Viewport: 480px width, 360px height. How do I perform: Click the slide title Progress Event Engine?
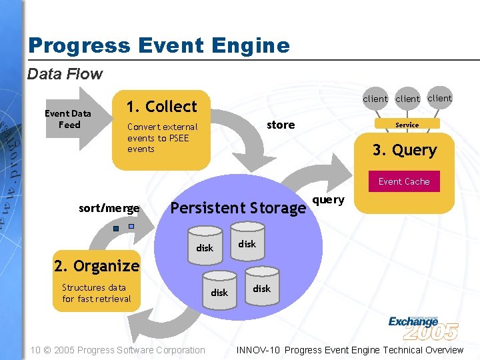click(159, 45)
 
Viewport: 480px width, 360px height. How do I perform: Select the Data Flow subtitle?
click(65, 74)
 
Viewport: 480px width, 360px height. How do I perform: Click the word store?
click(280, 125)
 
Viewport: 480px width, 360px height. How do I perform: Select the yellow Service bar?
click(407, 125)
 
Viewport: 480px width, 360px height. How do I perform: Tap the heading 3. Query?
click(404, 150)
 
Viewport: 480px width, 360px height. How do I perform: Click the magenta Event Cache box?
click(404, 181)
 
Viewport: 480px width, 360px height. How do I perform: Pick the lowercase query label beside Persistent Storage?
click(328, 200)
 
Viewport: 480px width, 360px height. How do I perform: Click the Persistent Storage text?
click(238, 208)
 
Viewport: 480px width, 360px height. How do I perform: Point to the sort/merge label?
click(109, 209)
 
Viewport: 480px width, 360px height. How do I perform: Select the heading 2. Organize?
click(97, 266)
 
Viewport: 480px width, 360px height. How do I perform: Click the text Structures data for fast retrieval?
click(96, 293)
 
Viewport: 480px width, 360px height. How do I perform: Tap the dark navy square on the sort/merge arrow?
click(116, 229)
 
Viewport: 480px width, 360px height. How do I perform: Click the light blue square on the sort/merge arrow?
click(131, 226)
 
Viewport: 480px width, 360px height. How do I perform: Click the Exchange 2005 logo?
click(423, 327)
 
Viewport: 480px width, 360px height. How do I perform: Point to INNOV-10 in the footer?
click(259, 350)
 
